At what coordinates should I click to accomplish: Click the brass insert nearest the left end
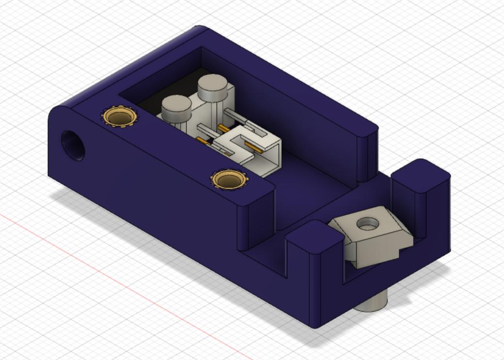click(119, 117)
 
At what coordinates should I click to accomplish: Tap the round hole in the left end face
click(72, 145)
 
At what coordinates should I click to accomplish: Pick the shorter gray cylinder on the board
click(176, 108)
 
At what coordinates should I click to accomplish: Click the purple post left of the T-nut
click(315, 256)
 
